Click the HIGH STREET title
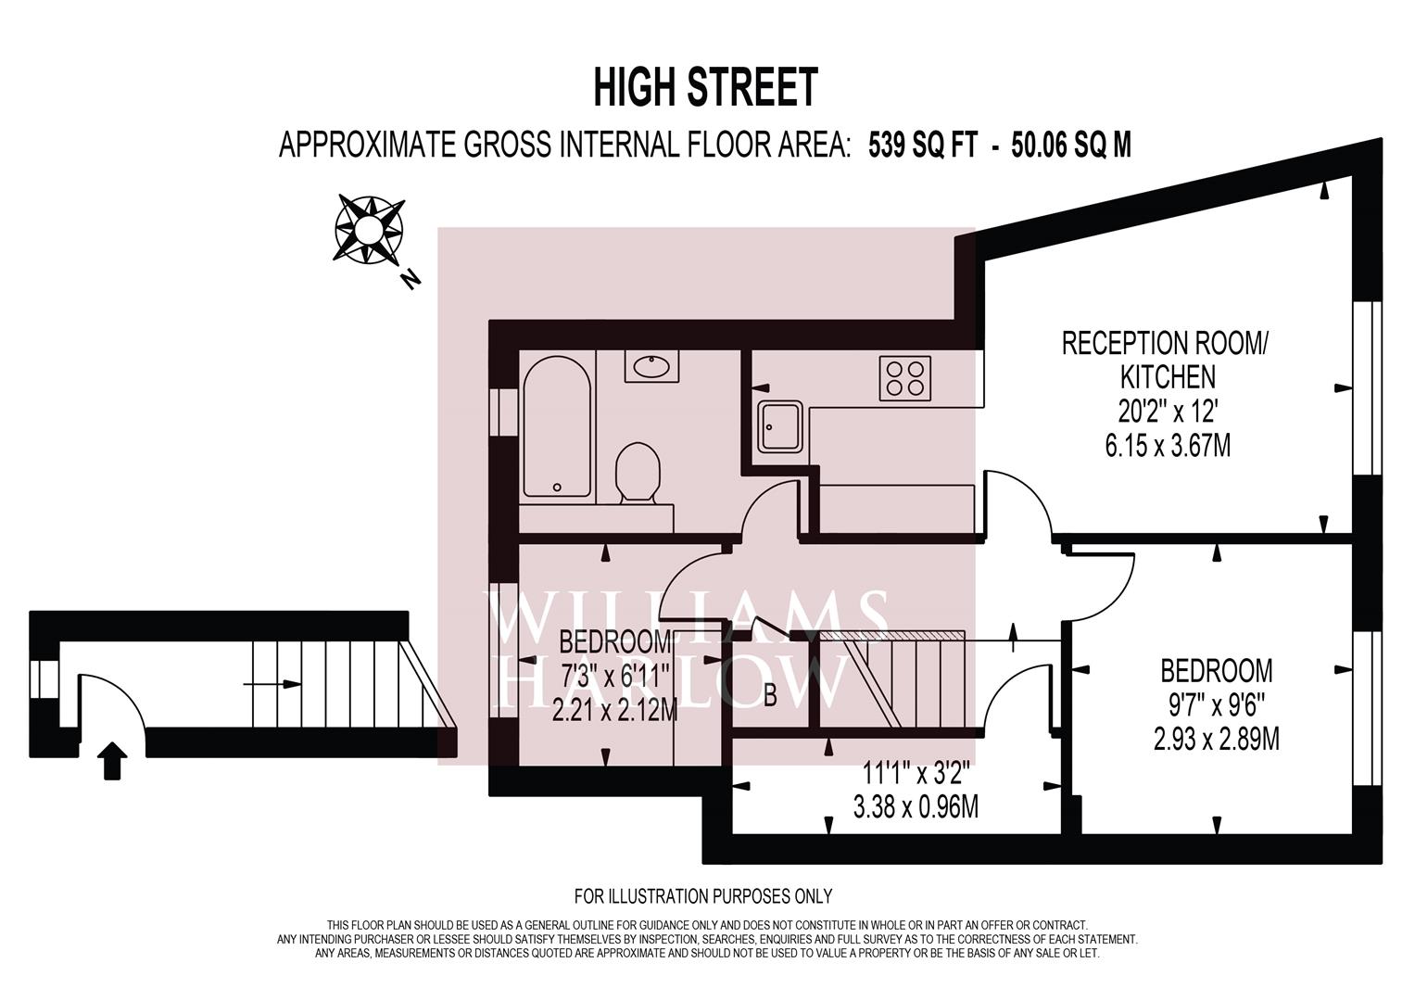click(x=705, y=87)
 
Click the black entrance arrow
click(x=112, y=760)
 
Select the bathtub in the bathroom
click(x=557, y=426)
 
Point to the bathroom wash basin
click(x=652, y=366)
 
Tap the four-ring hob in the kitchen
click(x=904, y=378)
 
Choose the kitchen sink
click(x=781, y=428)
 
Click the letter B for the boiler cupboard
click(x=770, y=696)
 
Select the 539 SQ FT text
click(x=922, y=146)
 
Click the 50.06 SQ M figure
click(x=1071, y=146)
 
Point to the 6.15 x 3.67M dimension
click(x=1168, y=446)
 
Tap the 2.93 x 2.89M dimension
click(x=1217, y=739)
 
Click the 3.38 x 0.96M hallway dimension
click(x=916, y=806)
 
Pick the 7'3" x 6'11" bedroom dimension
click(x=614, y=678)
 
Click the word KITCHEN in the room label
click(x=1168, y=377)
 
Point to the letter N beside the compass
click(x=411, y=278)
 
